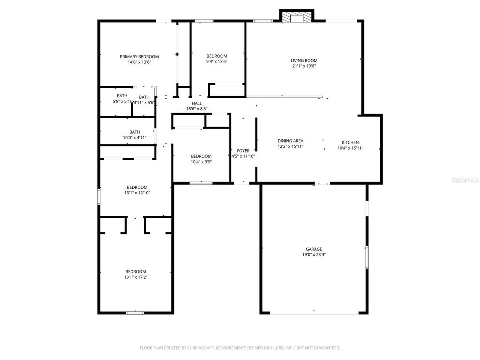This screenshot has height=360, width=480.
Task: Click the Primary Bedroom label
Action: [139, 57]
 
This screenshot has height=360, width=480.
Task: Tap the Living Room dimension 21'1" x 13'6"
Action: [304, 66]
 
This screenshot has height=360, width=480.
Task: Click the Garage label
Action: [314, 249]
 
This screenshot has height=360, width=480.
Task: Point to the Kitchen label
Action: [350, 142]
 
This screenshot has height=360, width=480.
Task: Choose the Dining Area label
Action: [290, 141]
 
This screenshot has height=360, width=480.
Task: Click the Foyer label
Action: [243, 151]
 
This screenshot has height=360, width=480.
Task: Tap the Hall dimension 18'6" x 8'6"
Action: [197, 109]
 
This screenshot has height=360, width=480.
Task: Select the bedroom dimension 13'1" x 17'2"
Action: [135, 277]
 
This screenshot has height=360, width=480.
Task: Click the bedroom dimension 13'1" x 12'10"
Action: [137, 193]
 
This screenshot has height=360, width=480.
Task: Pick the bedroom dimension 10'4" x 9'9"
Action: [201, 162]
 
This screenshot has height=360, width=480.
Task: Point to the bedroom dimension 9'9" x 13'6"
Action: [217, 61]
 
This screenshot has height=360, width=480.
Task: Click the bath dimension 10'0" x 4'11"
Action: [135, 138]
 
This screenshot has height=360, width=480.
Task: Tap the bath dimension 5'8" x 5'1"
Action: [122, 101]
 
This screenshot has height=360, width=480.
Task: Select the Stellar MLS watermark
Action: [465, 180]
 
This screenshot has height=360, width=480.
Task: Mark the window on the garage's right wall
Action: [367, 257]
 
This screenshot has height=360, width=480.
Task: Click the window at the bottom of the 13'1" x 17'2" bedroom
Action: [135, 312]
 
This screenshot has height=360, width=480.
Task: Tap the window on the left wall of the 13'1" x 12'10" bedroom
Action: [99, 196]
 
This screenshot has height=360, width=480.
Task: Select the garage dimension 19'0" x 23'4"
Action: [314, 254]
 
